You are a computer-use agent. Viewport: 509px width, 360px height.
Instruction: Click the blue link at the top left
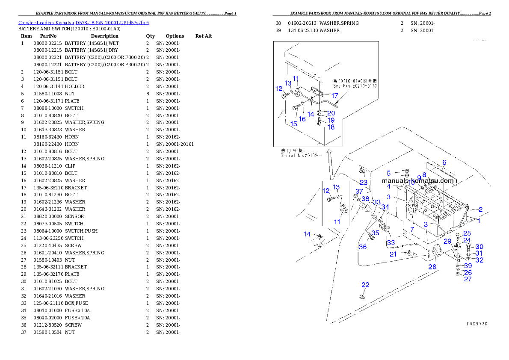pos(83,22)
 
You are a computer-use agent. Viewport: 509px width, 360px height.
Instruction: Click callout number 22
pos(365,285)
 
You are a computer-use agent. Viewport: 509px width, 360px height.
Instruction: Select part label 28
pos(432,267)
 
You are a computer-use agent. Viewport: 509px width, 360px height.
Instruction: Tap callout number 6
pos(444,162)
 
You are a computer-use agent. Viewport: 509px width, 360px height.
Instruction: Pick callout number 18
pos(331,127)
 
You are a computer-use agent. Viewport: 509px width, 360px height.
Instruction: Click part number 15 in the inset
pos(293,124)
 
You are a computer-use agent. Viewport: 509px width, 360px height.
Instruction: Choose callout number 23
pos(364,183)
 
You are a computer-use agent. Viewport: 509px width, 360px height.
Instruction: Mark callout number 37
pos(359,191)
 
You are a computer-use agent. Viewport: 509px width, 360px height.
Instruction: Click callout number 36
pos(363,247)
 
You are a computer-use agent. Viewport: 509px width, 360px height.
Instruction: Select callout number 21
pos(393,254)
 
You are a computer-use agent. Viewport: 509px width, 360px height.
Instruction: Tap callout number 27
pos(468,279)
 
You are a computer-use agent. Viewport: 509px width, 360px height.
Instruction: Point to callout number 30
pos(479,247)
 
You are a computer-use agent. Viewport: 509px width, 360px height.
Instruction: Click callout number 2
pos(480,210)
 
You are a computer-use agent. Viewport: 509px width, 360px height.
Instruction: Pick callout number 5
pos(389,173)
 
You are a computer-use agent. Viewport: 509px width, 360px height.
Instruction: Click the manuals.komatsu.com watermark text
pos(417,181)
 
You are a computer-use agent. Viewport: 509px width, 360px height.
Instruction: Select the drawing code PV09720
pos(476,324)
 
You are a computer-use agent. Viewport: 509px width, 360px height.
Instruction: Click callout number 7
pos(412,230)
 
